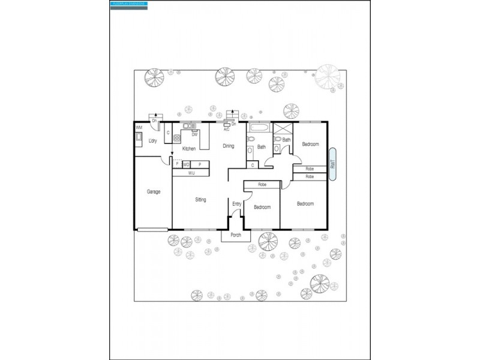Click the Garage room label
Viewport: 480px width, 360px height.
154,192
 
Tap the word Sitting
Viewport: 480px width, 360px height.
200,200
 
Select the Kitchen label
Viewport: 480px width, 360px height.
189,149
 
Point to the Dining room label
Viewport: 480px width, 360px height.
229,146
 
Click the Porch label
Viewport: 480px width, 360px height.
236,235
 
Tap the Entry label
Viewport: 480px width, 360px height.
236,205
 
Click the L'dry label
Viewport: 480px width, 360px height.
144,141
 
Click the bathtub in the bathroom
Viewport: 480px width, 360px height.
260,128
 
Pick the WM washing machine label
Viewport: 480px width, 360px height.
139,128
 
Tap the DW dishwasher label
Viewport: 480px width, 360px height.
194,134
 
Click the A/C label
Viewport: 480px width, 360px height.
226,129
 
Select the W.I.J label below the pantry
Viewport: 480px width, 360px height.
191,173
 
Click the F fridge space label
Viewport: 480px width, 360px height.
177,164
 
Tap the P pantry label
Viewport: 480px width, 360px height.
200,164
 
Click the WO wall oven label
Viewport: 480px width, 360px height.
186,164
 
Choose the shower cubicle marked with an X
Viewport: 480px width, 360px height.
282,129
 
